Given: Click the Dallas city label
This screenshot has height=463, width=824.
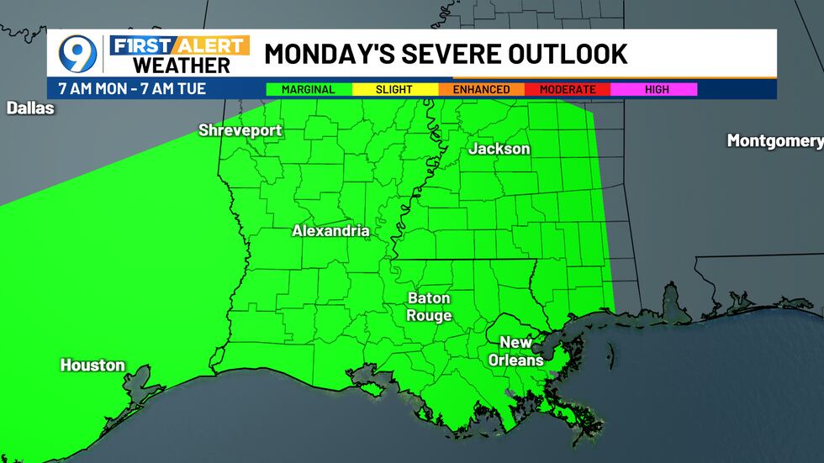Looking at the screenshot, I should coord(30,108).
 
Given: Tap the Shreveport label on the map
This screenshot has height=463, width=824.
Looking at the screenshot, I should coord(240,130).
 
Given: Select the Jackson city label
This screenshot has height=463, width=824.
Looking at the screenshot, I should coord(499,149).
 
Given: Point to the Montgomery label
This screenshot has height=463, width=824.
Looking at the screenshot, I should coord(774,140).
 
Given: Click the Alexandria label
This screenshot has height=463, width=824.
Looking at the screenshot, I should coord(330,230).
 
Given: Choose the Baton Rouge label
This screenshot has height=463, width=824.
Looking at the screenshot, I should coord(429,307).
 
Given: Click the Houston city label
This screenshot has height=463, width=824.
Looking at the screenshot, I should coord(92,366).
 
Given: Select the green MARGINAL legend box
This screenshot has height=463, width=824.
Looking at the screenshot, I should coord(309,89).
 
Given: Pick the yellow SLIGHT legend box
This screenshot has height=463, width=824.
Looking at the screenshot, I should coord(395,89).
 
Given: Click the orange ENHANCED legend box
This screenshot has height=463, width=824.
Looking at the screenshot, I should coord(481,89).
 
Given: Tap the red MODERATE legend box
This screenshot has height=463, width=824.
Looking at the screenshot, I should coord(568,89).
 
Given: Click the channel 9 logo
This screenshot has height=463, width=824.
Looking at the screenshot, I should coord(77,54).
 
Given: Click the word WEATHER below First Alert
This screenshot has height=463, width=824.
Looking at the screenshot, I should coord(182,66).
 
